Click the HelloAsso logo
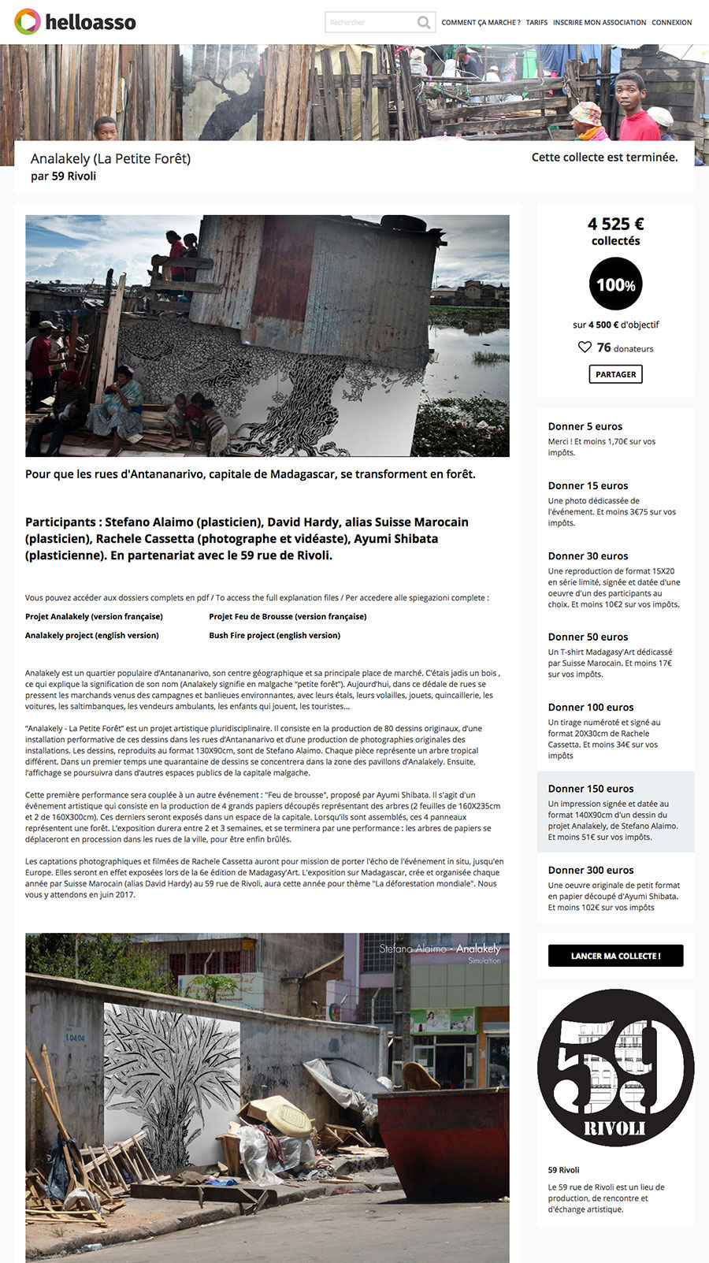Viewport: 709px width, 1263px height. [x=75, y=22]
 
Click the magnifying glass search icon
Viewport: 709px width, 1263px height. [x=424, y=22]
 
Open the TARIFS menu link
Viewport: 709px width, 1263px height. [x=536, y=23]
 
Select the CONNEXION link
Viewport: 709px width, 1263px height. [x=671, y=23]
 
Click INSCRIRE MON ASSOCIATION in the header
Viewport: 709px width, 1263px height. [x=599, y=23]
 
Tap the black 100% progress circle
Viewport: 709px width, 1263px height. [x=615, y=284]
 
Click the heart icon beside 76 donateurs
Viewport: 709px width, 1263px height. [x=585, y=347]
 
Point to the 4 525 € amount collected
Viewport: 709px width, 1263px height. [x=615, y=224]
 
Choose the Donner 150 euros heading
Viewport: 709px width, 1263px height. [x=591, y=789]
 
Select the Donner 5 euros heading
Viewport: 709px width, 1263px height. [x=585, y=426]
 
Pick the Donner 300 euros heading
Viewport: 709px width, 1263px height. [x=591, y=870]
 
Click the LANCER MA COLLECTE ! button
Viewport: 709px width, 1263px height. [x=615, y=956]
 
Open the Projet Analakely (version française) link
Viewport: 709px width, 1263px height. [x=94, y=617]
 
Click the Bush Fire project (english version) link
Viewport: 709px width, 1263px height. [x=274, y=636]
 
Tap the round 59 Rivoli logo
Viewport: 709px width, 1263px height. [x=615, y=1068]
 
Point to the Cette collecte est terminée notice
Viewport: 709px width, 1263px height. [x=604, y=158]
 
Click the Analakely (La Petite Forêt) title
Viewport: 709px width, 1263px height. [x=110, y=158]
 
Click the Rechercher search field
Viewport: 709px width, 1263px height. [x=370, y=22]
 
